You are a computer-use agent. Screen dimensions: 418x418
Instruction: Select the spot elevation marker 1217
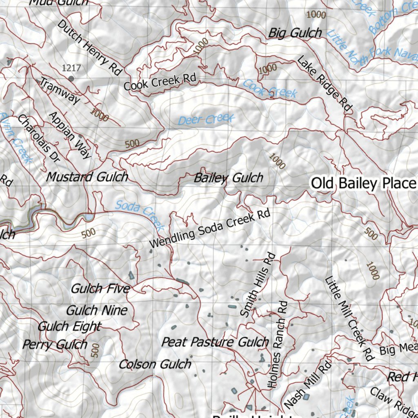[x=71, y=78]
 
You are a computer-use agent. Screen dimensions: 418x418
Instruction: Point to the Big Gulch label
[x=295, y=33]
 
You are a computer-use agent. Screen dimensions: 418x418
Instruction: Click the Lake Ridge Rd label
[x=324, y=84]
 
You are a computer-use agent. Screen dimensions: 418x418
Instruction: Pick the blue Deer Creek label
[x=207, y=120]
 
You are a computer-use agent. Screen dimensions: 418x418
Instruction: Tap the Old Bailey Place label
[x=363, y=183]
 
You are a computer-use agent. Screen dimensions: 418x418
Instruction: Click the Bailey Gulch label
[x=228, y=178]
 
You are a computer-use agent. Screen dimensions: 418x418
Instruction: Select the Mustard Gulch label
[x=87, y=177]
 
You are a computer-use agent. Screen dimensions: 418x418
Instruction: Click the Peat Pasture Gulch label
[x=215, y=342]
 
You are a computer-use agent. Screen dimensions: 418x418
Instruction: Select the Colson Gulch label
[x=155, y=364]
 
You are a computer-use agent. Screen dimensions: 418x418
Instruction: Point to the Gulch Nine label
[x=97, y=311]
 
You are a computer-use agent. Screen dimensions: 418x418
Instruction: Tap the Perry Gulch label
[x=55, y=345]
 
